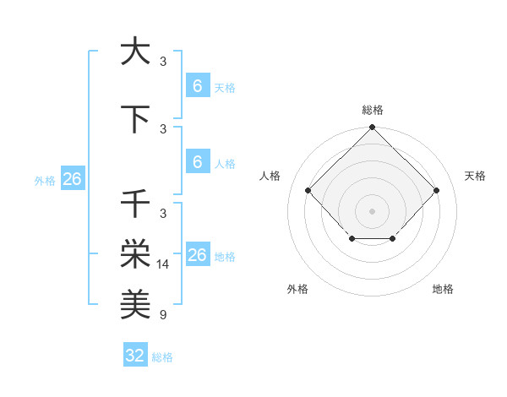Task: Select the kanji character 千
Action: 135,204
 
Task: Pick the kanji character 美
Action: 135,302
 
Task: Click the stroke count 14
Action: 164,264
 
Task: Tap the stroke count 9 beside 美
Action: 163,315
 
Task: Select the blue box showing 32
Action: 135,356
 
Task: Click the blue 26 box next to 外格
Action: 72,179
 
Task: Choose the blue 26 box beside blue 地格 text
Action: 197,255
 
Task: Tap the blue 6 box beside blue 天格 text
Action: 197,86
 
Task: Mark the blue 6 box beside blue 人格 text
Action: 197,162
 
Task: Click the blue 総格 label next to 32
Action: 162,357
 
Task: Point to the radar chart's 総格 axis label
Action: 372,111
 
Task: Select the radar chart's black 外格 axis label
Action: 297,289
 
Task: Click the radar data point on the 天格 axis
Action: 436,190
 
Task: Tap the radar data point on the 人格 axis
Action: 308,190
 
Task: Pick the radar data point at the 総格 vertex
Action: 372,128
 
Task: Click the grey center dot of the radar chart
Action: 372,210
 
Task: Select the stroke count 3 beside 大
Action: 163,62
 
